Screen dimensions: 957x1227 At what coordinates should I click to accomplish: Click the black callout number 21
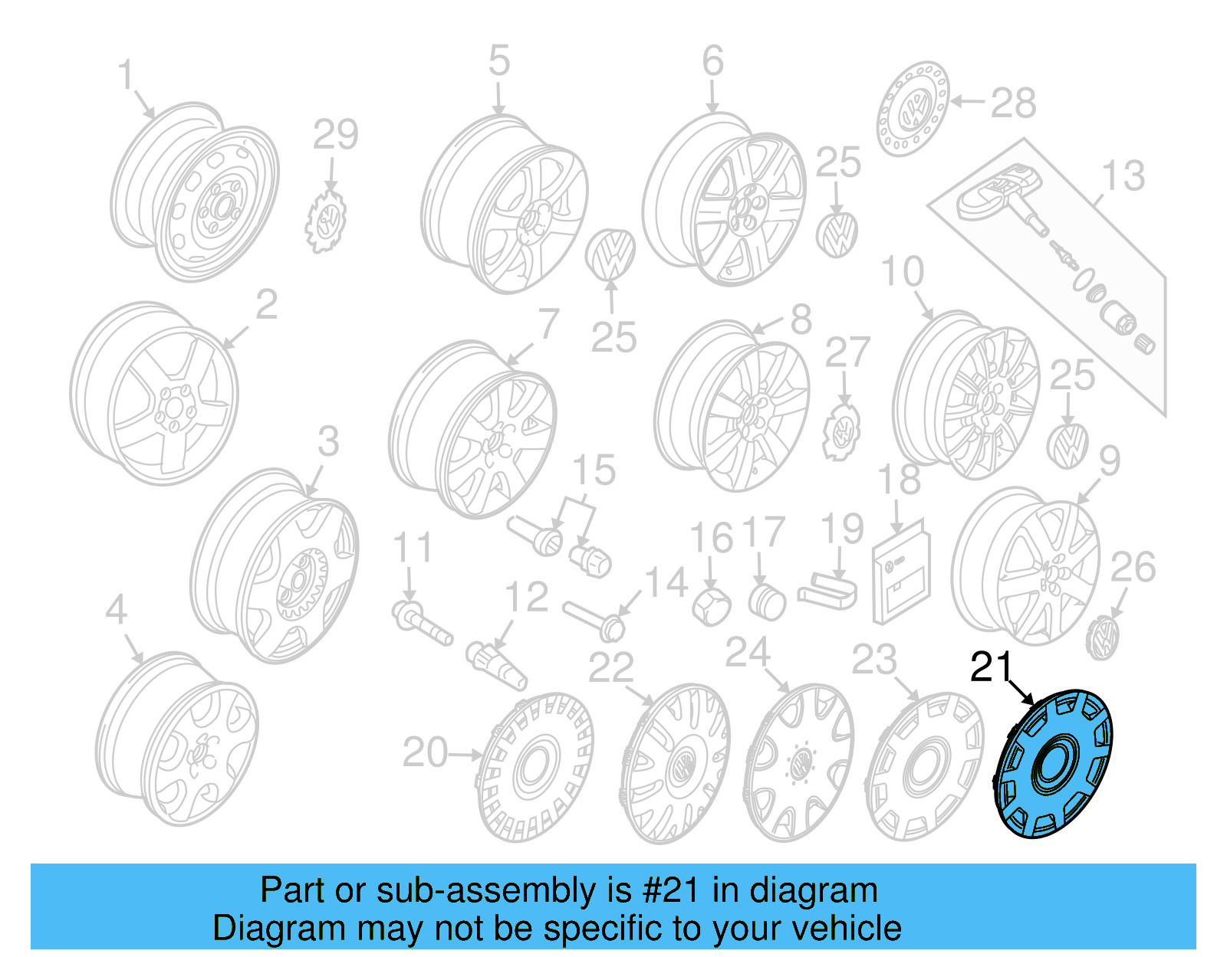coord(991,667)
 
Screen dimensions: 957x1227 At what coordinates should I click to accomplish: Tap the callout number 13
coord(1123,175)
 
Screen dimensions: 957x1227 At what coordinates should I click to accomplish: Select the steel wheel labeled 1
coord(196,192)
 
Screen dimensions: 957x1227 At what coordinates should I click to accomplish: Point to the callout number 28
coord(1013,103)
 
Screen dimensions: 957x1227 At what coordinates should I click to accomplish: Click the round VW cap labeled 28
coord(913,109)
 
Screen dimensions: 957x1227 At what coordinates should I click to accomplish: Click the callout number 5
coord(498,61)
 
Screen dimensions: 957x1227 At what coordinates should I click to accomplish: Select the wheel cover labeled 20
coord(535,767)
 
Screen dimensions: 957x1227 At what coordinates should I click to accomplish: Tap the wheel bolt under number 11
coord(421,621)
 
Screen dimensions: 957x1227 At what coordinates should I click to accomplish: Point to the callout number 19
coord(841,529)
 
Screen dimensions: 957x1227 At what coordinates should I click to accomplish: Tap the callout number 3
coord(328,441)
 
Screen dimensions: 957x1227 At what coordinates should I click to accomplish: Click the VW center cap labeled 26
coord(1103,637)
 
